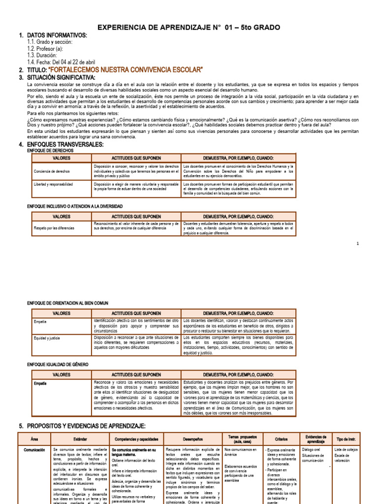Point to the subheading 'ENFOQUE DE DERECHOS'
tap(49, 150)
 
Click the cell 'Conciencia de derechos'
tap(52, 171)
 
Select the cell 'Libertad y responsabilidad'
tap(53, 184)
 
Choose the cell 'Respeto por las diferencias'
tap(54, 228)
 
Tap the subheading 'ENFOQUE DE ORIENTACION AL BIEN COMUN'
tap(67, 303)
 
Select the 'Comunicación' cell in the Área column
tap(34, 450)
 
